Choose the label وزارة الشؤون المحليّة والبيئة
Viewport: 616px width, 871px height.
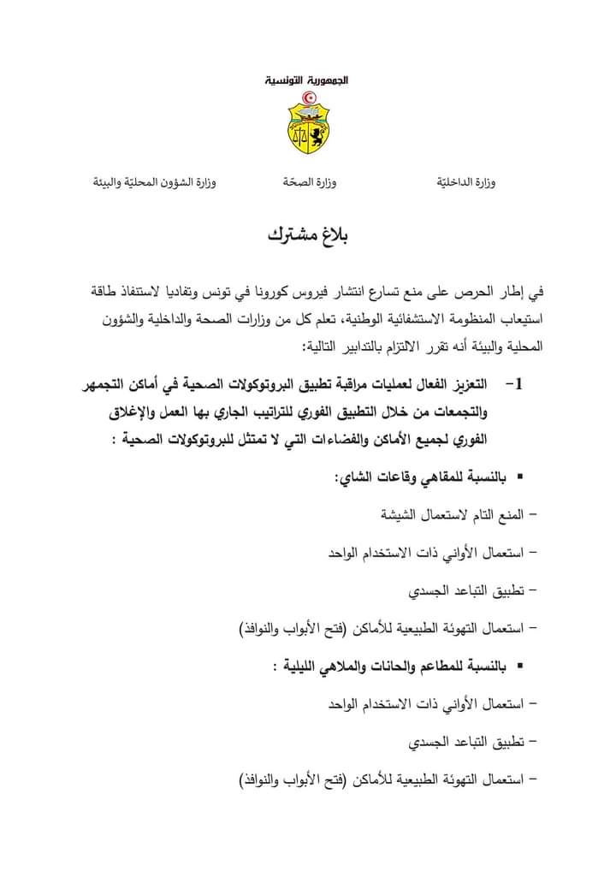pos(154,183)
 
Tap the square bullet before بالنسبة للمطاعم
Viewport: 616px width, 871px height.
pos(519,664)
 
